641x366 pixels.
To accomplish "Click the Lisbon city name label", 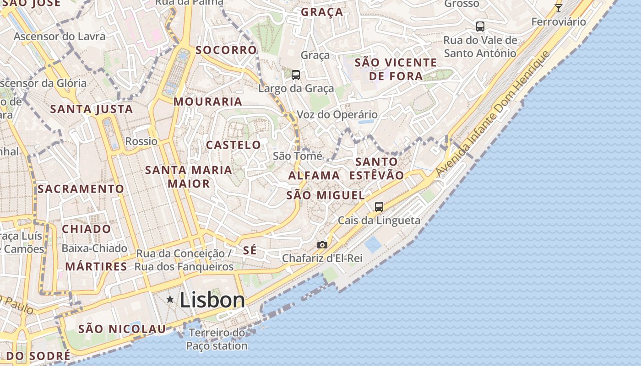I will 212,300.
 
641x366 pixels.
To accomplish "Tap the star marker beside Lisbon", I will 170,299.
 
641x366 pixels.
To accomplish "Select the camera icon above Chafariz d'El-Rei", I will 322,245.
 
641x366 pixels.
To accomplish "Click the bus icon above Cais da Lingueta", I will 379,206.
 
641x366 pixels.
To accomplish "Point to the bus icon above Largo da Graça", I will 296,75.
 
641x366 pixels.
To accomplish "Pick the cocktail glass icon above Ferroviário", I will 558,8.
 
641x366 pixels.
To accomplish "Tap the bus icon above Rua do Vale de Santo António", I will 480,27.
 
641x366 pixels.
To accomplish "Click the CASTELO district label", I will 233,145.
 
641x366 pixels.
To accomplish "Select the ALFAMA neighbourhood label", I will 314,175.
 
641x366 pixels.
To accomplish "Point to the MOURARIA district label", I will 207,102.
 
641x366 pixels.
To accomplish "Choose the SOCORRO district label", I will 226,50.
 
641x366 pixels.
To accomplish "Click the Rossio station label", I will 141,141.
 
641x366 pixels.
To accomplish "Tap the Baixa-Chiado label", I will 94,248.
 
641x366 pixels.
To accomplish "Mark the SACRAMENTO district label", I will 81,188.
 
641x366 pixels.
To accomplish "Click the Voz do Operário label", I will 337,114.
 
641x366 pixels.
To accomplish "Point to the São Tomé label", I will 298,156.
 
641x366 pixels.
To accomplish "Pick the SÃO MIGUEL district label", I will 326,195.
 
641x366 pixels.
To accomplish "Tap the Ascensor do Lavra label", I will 60,36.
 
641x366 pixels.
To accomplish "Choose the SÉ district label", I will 250,250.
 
